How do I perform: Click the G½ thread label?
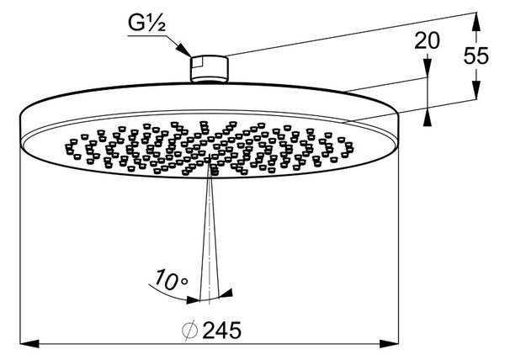146,24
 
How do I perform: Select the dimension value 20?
427,41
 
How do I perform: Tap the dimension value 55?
476,56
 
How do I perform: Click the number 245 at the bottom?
222,331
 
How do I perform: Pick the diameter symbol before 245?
189,331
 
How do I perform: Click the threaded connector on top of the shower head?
210,69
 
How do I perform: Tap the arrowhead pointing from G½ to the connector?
184,50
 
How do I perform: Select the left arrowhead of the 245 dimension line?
29,343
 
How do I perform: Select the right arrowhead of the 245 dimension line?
389,343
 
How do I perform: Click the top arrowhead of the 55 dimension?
476,22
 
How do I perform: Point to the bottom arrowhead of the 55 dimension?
476,90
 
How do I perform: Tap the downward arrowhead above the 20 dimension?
428,67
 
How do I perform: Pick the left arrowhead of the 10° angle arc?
194,299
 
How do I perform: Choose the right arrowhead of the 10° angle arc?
226,294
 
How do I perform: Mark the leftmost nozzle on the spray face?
69,146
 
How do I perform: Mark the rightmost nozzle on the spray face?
349,150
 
